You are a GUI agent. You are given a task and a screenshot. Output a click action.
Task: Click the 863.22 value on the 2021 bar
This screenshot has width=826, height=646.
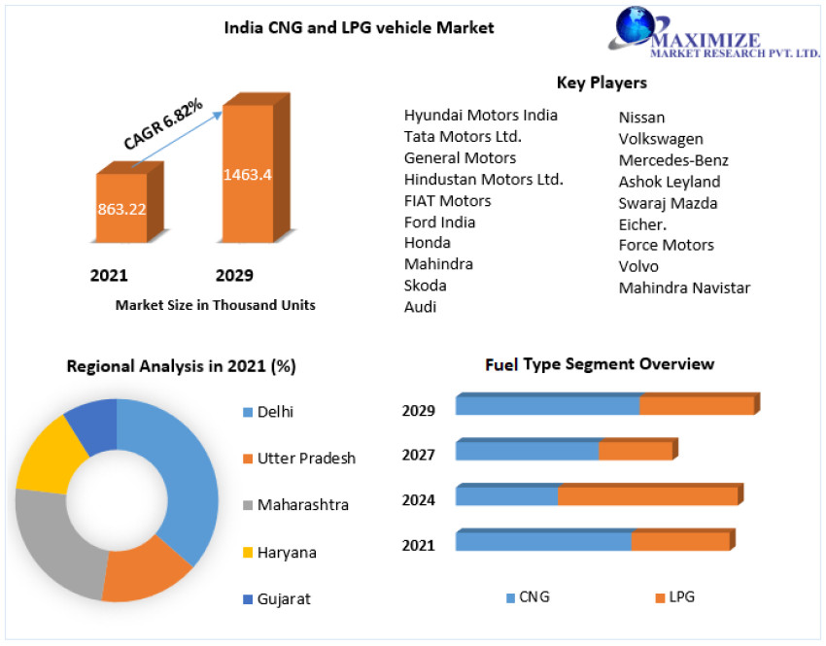[x=120, y=208]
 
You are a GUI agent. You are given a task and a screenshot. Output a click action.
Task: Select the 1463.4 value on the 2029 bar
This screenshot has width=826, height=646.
[x=247, y=175]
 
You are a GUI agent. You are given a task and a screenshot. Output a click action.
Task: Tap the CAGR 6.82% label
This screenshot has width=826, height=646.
[x=163, y=123]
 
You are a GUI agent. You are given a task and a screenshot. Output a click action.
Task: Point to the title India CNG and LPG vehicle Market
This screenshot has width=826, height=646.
[x=359, y=28]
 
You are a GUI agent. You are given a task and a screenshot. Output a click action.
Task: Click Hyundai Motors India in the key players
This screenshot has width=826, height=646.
[x=480, y=115]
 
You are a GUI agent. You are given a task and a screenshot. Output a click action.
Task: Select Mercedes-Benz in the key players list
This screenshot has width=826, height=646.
[x=673, y=160]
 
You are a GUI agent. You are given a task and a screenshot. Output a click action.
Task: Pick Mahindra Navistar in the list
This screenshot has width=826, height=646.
[x=684, y=288]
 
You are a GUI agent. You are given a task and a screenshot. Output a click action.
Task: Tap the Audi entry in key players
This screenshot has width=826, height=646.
[x=420, y=307]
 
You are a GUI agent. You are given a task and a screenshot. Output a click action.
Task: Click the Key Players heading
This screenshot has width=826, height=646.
[x=602, y=83]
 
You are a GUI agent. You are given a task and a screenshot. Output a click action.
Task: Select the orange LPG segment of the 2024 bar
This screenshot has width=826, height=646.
[x=647, y=495]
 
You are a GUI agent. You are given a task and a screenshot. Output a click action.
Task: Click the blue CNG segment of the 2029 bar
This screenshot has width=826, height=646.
[x=547, y=405]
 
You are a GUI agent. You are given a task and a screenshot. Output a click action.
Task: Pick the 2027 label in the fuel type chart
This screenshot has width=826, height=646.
[x=418, y=455]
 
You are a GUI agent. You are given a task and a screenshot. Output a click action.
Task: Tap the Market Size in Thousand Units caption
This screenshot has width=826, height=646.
[x=215, y=305]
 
